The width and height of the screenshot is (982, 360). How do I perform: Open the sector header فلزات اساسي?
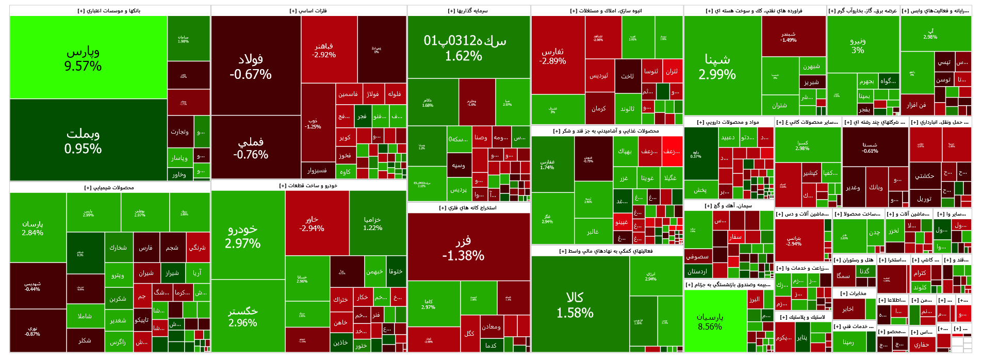[308, 11]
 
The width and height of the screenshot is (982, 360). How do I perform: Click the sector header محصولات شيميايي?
[109, 188]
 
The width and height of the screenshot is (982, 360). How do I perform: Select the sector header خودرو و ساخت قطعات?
[308, 186]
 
